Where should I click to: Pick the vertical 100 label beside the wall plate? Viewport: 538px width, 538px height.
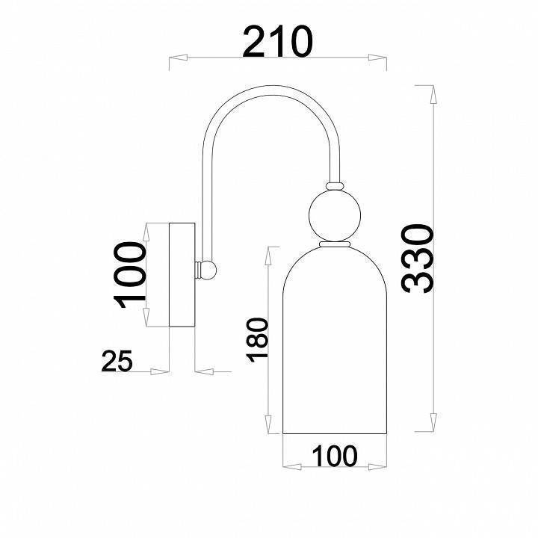coord(130,275)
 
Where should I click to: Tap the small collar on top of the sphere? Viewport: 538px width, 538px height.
coord(336,184)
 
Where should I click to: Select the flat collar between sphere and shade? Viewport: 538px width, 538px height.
coord(336,244)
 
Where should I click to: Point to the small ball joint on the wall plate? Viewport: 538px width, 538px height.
coord(208,270)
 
